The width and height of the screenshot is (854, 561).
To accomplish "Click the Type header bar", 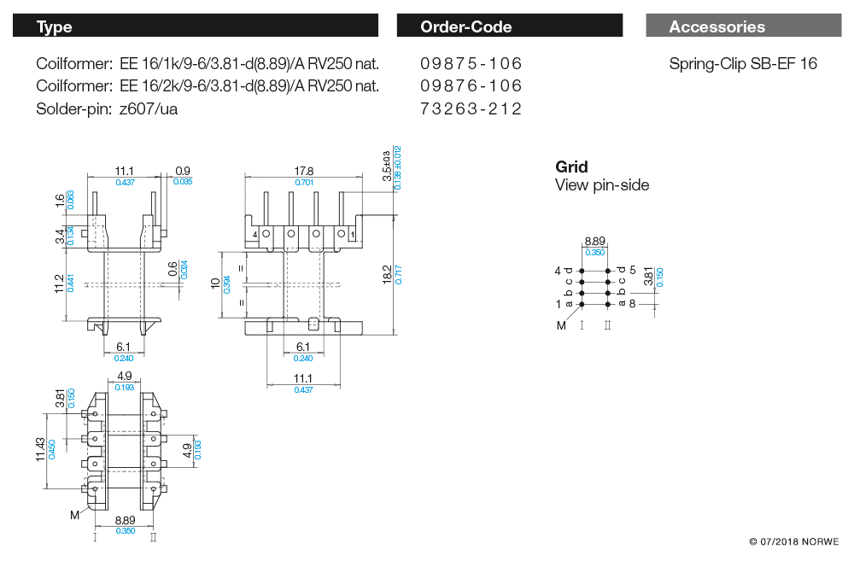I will [x=195, y=26].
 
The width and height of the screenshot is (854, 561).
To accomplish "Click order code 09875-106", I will [x=471, y=63].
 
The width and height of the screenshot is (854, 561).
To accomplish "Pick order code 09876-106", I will [x=471, y=85].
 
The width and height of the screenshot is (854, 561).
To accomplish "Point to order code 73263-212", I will [x=471, y=108].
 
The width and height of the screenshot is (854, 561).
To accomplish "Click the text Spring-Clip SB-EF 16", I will [x=743, y=63].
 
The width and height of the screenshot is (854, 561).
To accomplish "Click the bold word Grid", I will [x=571, y=167].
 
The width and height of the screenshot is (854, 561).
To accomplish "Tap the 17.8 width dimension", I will [x=303, y=171].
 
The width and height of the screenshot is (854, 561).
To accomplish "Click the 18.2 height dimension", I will [x=387, y=274].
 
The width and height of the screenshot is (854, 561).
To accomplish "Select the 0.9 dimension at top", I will [x=182, y=171].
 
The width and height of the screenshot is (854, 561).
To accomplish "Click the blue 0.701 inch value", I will [x=303, y=182].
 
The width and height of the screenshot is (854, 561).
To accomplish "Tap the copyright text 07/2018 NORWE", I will [x=793, y=542].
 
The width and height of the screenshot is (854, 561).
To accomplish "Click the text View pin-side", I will [x=602, y=185].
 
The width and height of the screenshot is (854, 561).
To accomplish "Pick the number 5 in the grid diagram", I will [x=633, y=271].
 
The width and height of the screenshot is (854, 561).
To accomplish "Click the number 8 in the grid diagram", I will [x=633, y=303].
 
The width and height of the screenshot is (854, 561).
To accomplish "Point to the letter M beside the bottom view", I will [x=75, y=515].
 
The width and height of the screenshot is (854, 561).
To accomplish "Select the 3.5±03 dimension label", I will [x=386, y=165].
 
